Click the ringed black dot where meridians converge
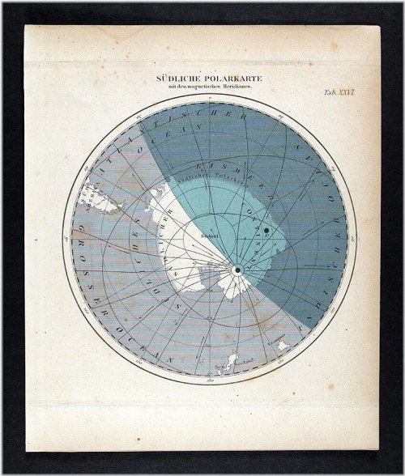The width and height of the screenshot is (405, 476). click(237, 269)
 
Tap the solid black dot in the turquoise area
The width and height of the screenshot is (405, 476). click(265, 232)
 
